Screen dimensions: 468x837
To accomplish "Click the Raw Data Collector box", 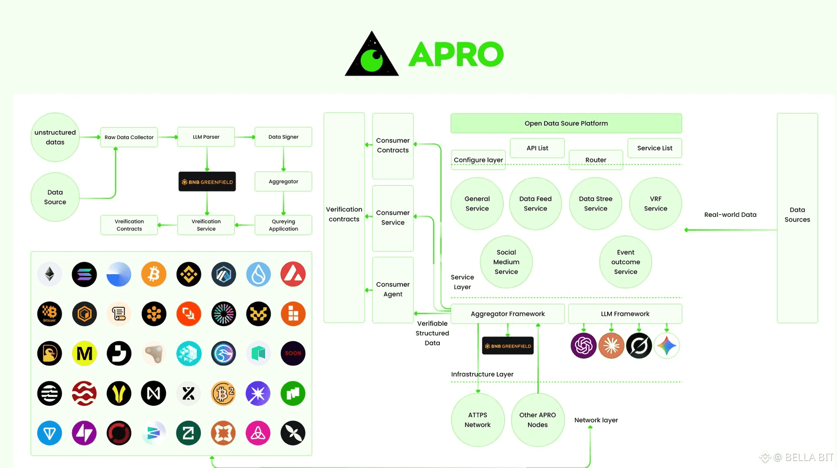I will [x=129, y=137].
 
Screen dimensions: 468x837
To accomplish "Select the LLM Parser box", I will [x=206, y=137].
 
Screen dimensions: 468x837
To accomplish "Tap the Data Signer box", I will [x=283, y=137].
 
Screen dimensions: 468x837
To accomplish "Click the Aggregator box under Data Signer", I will [x=283, y=182].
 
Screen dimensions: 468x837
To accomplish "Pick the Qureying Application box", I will [x=283, y=225].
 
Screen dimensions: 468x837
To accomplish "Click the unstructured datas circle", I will [x=55, y=137].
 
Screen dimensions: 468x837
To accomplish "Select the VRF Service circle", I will [x=655, y=204].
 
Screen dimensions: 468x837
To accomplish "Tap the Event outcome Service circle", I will [x=625, y=262].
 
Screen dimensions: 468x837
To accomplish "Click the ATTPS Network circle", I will [x=478, y=420].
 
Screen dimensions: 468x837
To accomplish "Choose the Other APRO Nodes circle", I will [x=538, y=420].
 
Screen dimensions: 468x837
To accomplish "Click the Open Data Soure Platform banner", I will [x=566, y=123].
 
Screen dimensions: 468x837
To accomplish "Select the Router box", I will [x=595, y=160].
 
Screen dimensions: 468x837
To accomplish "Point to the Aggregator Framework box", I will [x=508, y=314].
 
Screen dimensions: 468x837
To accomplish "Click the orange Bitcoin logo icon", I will [x=154, y=274].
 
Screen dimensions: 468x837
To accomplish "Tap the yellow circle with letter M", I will [x=84, y=353].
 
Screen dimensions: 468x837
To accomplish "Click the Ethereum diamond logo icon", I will [x=50, y=274].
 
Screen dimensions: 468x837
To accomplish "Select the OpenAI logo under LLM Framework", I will [x=583, y=346].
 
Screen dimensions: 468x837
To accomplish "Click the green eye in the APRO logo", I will [x=372, y=60].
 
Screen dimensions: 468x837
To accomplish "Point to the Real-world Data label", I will [x=730, y=215].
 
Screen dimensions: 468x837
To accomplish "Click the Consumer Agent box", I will [x=393, y=289].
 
